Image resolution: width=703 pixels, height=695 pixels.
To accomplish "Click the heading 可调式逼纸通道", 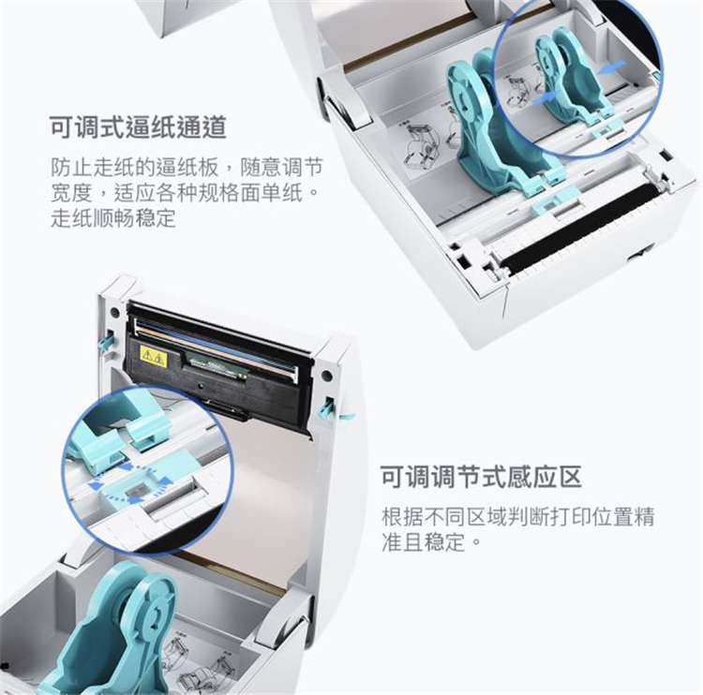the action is [x=138, y=127].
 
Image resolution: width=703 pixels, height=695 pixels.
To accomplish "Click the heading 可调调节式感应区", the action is [x=481, y=477].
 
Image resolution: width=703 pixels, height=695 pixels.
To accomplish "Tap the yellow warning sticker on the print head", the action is [x=154, y=356].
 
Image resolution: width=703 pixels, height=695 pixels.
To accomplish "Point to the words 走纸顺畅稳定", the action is [x=113, y=218].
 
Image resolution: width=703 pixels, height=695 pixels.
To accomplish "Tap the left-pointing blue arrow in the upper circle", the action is [x=611, y=67].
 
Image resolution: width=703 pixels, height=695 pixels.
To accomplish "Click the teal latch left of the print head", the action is [x=104, y=341].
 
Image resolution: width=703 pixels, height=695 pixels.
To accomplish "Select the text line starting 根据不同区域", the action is [x=517, y=516].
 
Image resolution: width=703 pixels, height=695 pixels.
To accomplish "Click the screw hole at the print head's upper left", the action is [x=114, y=311].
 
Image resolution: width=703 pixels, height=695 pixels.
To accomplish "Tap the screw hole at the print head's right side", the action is [x=326, y=374].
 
